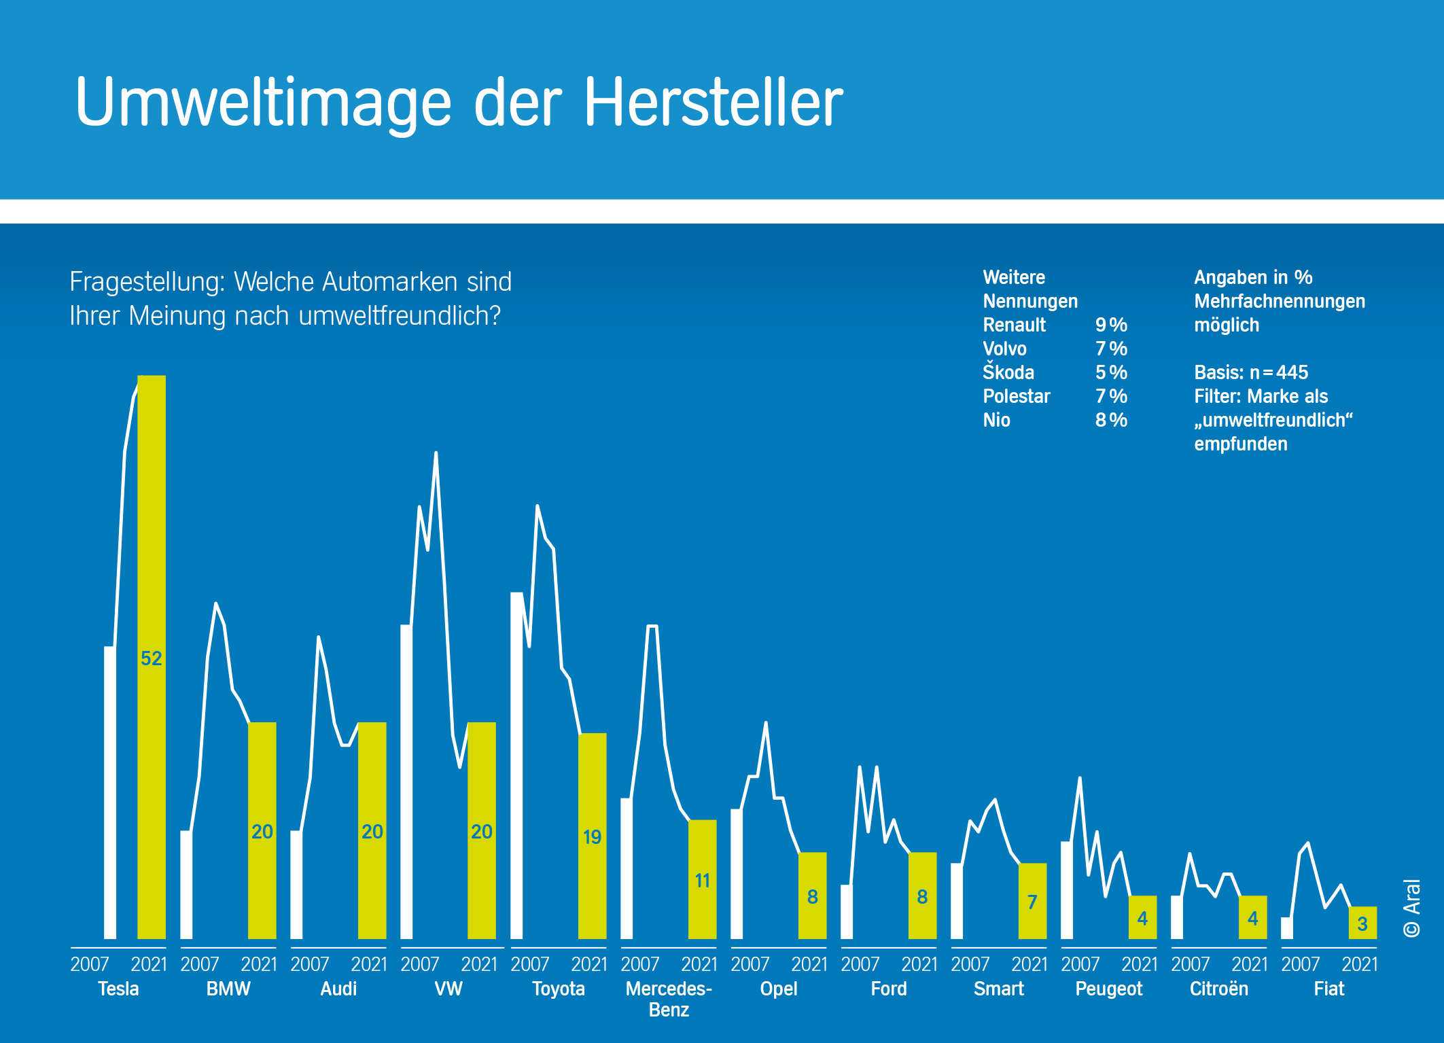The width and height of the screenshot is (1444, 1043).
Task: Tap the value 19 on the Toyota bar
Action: click(x=592, y=836)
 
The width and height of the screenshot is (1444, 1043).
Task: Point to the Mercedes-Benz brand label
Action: click(x=669, y=998)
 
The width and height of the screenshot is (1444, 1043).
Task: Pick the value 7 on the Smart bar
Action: click(x=1032, y=902)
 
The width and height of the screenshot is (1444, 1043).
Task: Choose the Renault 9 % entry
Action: click(x=1055, y=325)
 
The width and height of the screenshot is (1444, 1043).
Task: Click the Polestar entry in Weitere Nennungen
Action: click(x=1017, y=396)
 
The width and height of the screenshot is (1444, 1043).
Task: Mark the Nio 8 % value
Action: click(x=1111, y=420)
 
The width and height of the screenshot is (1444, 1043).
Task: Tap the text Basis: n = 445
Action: click(x=1251, y=372)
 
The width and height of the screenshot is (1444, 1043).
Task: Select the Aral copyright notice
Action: click(x=1411, y=908)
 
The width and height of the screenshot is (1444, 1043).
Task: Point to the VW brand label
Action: click(x=448, y=989)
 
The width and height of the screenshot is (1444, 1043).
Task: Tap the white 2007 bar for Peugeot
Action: click(x=1067, y=890)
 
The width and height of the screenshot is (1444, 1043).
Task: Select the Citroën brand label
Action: click(x=1219, y=989)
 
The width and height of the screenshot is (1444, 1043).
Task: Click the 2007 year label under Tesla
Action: click(x=90, y=964)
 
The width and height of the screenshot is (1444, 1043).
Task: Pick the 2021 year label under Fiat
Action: click(x=1360, y=964)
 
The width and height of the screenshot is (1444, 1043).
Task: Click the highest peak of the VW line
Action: click(x=436, y=453)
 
